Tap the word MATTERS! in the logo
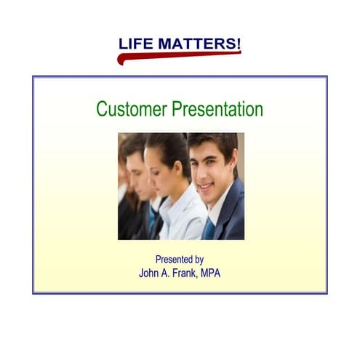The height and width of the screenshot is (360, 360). [x=198, y=44]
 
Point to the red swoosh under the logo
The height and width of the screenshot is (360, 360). [x=175, y=55]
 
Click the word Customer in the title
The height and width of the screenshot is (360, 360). [x=132, y=110]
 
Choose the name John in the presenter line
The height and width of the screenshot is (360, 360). [x=150, y=273]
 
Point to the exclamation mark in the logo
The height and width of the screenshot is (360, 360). [x=238, y=42]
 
